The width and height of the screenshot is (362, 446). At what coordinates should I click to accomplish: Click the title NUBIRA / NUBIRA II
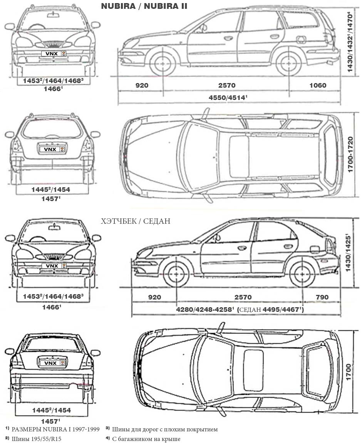[x=144, y=6]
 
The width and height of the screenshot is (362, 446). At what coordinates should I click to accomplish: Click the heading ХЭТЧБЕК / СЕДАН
[x=135, y=221]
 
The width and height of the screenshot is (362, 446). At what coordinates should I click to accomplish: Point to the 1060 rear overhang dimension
[x=318, y=85]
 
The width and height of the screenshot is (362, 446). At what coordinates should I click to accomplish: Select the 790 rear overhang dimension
[x=322, y=297]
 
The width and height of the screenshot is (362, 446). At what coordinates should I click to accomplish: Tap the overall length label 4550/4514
[x=228, y=98]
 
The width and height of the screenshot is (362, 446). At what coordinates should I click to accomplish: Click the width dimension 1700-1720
[x=350, y=155]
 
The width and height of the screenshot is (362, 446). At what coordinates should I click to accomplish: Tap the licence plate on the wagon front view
[x=54, y=53]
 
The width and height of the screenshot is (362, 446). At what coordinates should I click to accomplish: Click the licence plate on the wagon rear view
[x=52, y=149]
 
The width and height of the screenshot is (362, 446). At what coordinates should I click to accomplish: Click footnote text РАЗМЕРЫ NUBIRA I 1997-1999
[x=55, y=429]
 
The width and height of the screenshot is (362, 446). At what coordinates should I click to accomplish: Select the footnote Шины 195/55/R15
[x=37, y=439]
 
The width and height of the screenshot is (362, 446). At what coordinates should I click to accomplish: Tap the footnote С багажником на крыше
[x=146, y=439]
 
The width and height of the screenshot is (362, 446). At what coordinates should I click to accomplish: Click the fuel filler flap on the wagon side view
[x=301, y=40]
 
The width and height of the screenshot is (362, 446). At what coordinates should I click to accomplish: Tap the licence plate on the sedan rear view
[x=52, y=363]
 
